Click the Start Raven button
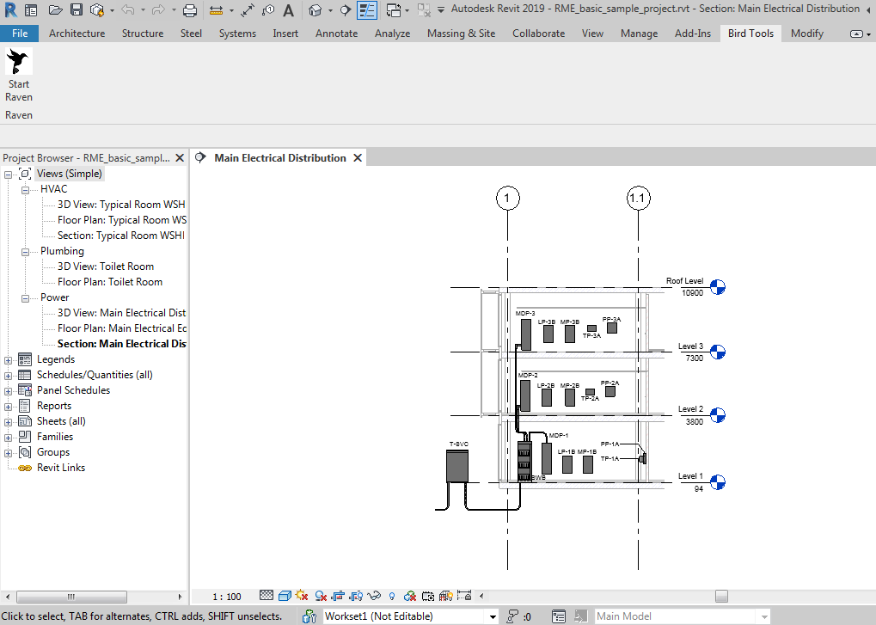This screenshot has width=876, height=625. pos(18,76)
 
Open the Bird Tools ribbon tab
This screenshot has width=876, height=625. pos(750,34)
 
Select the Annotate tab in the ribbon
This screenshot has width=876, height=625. pos(336,34)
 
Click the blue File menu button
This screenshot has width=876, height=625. pos(20,34)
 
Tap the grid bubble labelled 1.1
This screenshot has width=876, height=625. pos(638,199)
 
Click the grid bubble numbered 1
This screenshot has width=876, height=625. pos(508,199)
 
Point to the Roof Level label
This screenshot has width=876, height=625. pos(684,281)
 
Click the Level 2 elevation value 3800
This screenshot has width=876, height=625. pos(694,422)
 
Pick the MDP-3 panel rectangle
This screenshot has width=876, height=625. pos(525,334)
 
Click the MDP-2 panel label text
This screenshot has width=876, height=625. pos(527,376)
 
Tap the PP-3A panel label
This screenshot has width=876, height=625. pos(611,319)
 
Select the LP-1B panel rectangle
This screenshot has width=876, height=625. pos(567,465)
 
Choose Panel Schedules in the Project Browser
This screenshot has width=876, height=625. pos(73,390)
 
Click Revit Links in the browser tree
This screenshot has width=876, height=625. pos(60,468)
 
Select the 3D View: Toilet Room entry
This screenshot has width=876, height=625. pos(105,267)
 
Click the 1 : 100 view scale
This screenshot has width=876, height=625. pos(227,597)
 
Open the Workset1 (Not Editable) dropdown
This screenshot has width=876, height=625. pos(493,616)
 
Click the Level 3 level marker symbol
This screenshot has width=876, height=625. pos(717,352)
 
